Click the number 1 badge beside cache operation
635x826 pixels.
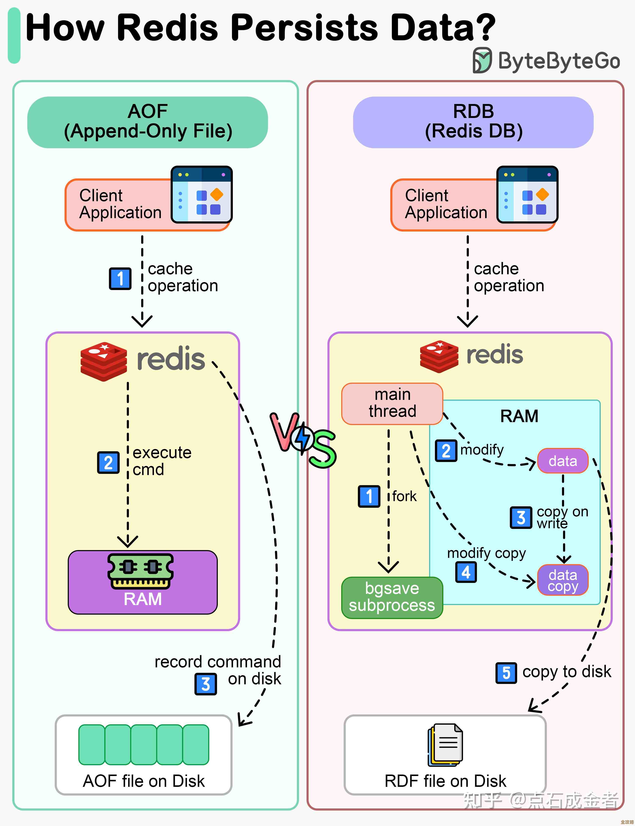pyautogui.click(x=120, y=279)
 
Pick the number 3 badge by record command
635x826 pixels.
pyautogui.click(x=206, y=684)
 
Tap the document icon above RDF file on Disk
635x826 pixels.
pyautogui.click(x=446, y=744)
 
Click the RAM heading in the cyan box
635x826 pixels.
pyautogui.click(x=519, y=416)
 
